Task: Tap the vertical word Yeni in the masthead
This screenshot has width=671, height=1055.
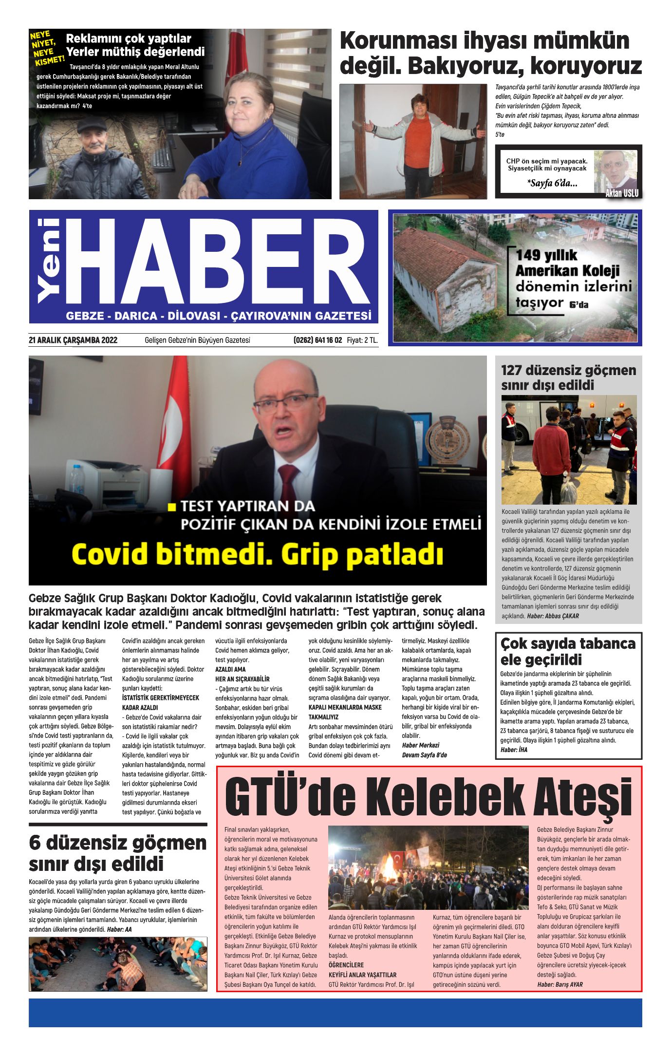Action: [49, 261]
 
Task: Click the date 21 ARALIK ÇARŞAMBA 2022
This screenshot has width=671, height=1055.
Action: [73, 340]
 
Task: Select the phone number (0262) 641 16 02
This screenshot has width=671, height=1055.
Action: [317, 340]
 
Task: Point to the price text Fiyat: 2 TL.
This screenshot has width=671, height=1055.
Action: [362, 340]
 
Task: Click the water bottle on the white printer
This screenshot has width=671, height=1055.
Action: [77, 480]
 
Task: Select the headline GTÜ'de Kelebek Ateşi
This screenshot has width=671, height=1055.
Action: [429, 797]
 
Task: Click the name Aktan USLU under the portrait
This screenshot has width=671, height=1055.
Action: [621, 193]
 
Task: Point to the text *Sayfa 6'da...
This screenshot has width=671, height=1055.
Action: [552, 184]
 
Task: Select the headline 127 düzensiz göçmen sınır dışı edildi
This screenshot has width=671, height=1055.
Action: [568, 377]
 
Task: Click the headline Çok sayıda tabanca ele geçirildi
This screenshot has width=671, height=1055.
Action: [568, 652]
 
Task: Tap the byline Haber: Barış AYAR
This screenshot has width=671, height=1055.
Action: [560, 984]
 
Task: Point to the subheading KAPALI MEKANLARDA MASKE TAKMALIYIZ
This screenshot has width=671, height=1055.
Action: [345, 712]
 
